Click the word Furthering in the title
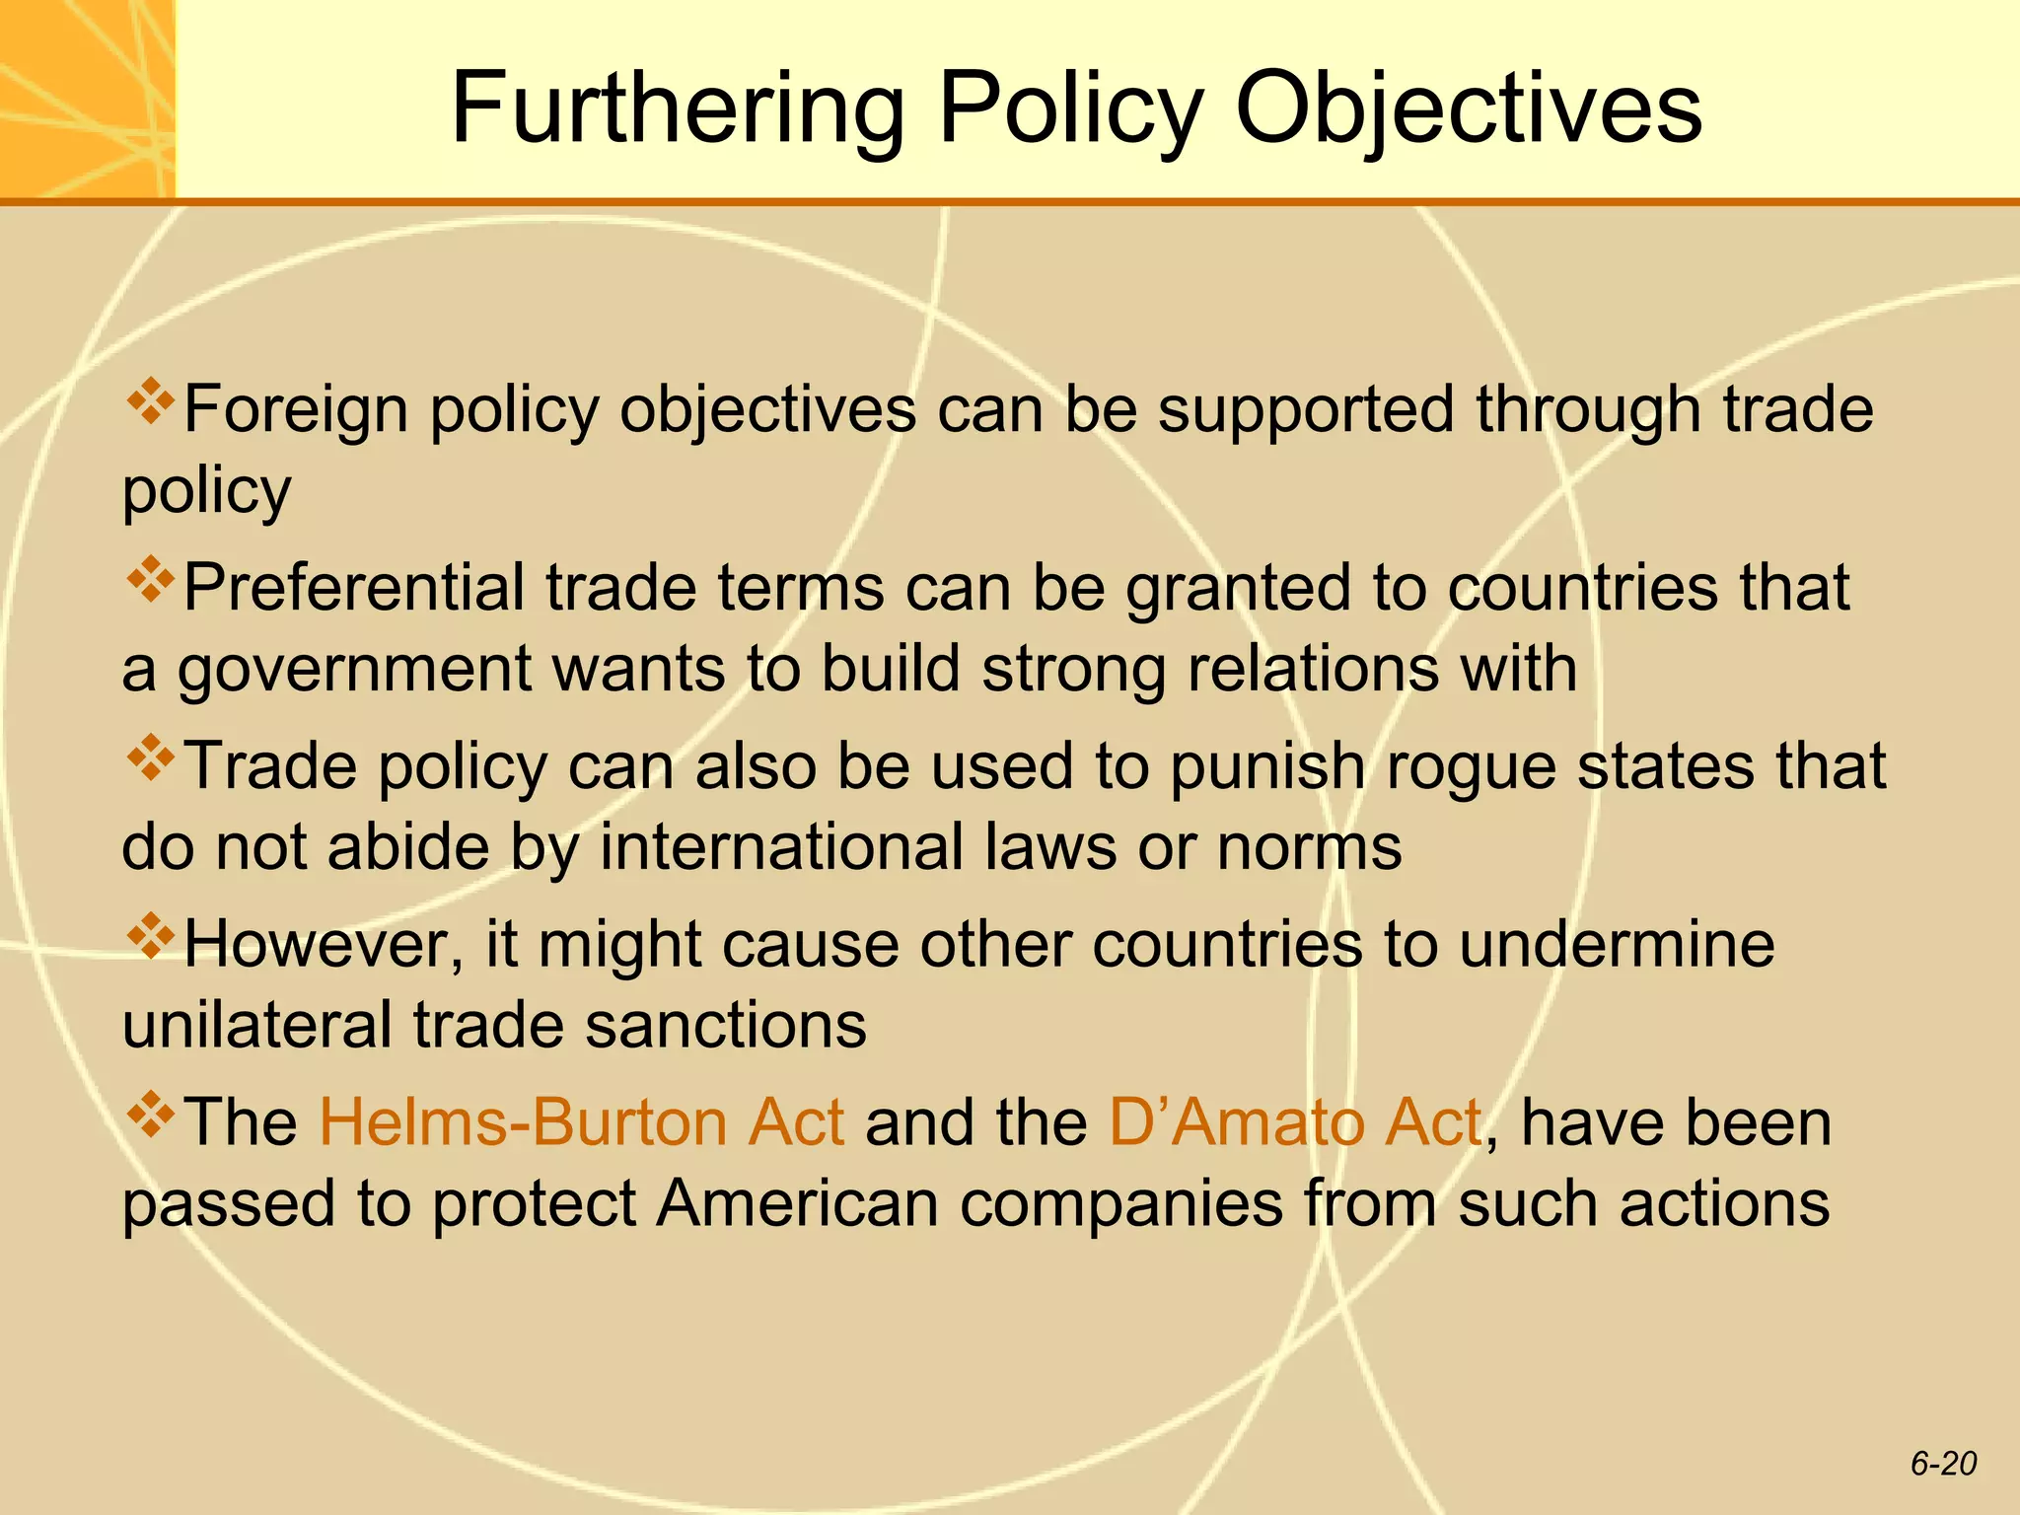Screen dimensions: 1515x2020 (x=678, y=108)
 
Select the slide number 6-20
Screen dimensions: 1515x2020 (x=1943, y=1464)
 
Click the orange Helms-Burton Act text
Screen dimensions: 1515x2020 (x=582, y=1122)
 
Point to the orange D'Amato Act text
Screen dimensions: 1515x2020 (x=1295, y=1122)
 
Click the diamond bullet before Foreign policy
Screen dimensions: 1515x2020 (x=150, y=402)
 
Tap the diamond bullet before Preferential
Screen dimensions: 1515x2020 (x=150, y=581)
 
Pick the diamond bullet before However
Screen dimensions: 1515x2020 (x=150, y=937)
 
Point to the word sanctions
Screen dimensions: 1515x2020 (x=726, y=1025)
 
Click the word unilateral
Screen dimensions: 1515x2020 (x=257, y=1025)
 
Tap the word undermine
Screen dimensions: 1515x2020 (x=1617, y=945)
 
